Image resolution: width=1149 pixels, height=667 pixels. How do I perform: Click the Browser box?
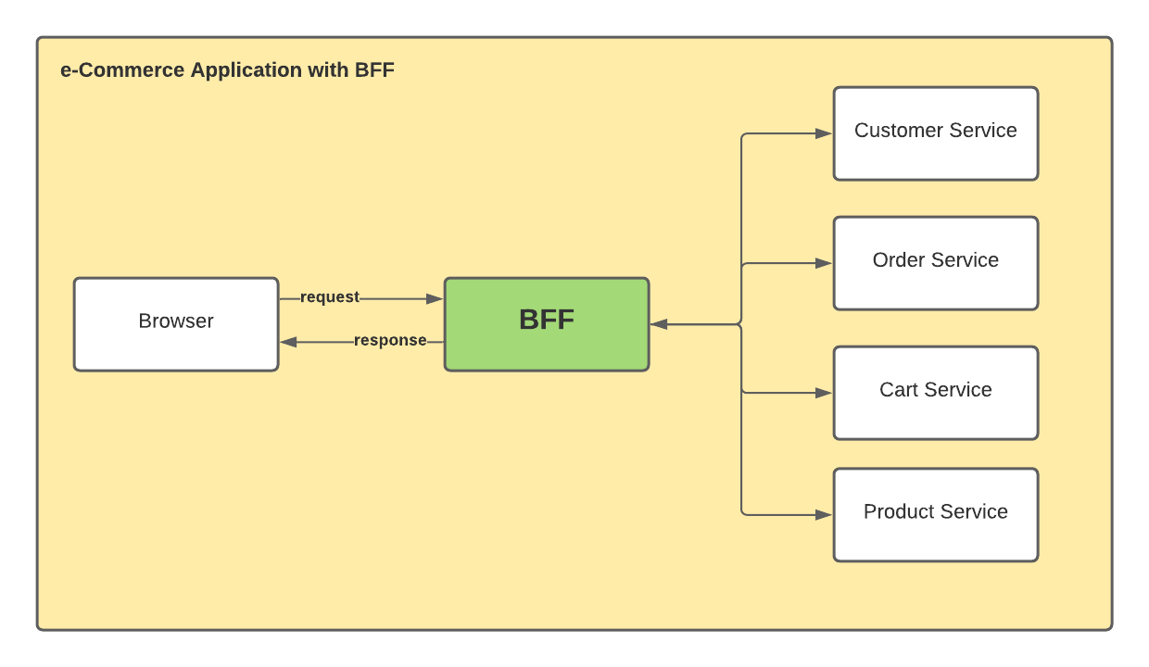click(176, 324)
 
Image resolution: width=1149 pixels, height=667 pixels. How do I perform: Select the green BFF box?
click(547, 324)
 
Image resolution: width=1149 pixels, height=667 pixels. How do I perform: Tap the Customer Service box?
click(936, 133)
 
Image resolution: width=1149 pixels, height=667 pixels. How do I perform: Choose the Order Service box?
click(936, 263)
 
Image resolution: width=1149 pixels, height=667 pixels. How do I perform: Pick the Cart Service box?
click(936, 393)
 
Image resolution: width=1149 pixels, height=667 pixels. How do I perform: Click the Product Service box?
click(936, 514)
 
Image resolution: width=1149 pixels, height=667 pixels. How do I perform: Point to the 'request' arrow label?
click(330, 297)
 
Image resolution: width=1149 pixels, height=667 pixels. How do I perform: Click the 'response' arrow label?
click(390, 341)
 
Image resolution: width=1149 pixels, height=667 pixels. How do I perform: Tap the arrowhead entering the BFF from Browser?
click(435, 298)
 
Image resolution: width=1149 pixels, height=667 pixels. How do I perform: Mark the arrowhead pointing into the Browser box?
click(289, 342)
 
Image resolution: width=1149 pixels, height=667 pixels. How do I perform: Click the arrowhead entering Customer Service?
click(823, 133)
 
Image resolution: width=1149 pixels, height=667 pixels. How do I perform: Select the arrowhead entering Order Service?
click(823, 263)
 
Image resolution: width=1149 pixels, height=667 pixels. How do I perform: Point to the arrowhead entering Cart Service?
click(823, 393)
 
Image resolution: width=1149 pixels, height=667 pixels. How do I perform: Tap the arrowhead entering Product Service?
click(823, 514)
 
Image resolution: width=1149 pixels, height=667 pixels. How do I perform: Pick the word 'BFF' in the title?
click(374, 70)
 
